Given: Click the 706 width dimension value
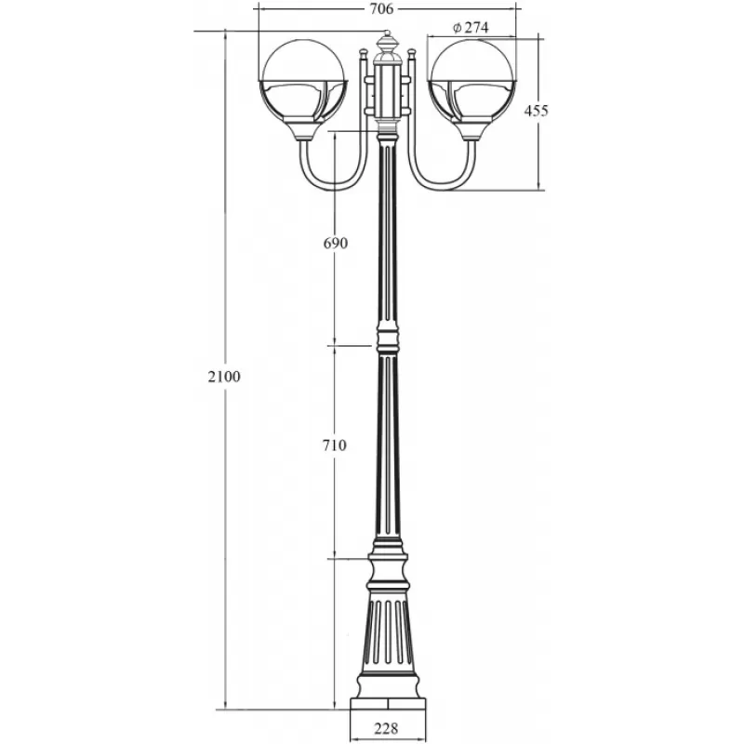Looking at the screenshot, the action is pyautogui.click(x=381, y=9).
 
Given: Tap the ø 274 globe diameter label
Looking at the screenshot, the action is pyautogui.click(x=471, y=28).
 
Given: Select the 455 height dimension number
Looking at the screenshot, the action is pyautogui.click(x=536, y=111).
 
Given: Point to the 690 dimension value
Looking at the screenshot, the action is pyautogui.click(x=336, y=243).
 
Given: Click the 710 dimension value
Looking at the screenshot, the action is pyautogui.click(x=335, y=445).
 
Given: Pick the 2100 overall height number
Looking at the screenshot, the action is pyautogui.click(x=224, y=377).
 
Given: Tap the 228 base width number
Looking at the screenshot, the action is pyautogui.click(x=386, y=728).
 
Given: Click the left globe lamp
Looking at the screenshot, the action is pyautogui.click(x=304, y=90).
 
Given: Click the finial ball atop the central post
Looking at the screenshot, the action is pyautogui.click(x=387, y=33).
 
